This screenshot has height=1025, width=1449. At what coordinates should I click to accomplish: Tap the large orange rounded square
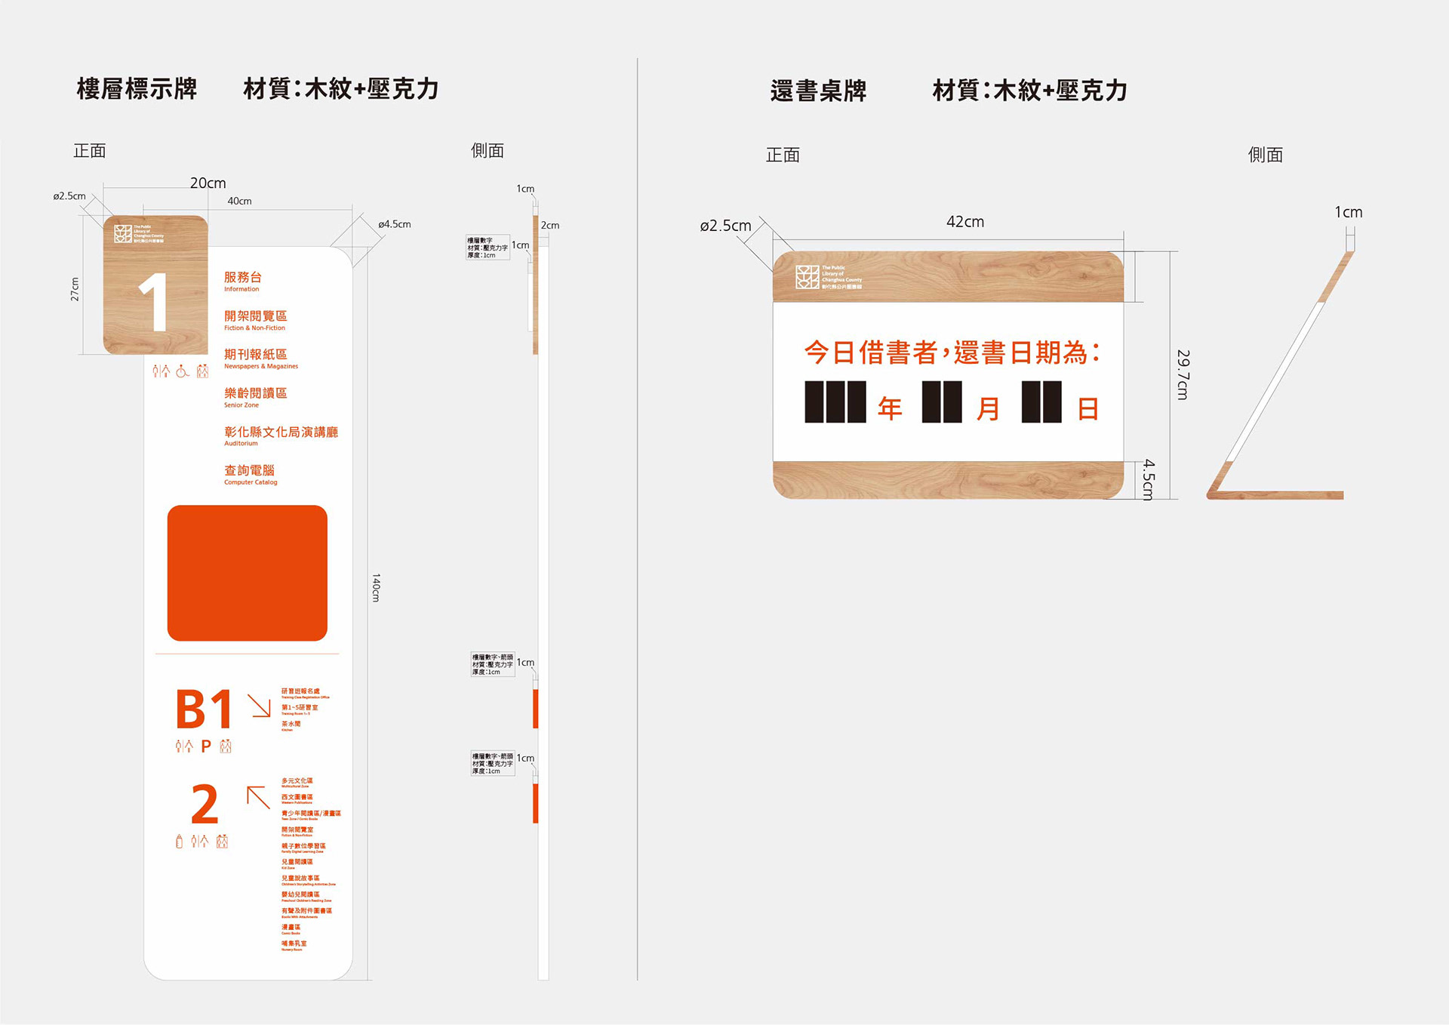(247, 573)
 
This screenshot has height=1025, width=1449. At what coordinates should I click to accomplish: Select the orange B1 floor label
(204, 709)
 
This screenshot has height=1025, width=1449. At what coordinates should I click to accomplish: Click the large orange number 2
(205, 805)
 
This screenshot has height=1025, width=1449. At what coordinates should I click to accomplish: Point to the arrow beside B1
(260, 706)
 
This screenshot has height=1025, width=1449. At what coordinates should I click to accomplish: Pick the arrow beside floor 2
(258, 797)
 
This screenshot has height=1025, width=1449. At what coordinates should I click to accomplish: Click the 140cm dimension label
(376, 587)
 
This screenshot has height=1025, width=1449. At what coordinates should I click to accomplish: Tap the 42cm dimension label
(964, 222)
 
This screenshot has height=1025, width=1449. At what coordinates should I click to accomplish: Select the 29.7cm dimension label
(1183, 374)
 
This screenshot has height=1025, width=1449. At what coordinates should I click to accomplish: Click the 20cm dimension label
(208, 183)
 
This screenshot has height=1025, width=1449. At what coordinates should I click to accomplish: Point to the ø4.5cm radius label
(395, 224)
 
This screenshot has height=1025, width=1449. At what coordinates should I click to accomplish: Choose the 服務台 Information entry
(242, 281)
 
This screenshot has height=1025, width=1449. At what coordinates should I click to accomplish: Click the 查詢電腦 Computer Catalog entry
(250, 474)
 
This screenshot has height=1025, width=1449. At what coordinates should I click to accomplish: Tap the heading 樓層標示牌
(137, 89)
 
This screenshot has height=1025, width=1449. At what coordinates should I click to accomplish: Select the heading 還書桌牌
(818, 91)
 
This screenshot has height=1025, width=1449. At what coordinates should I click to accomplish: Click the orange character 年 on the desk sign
(890, 408)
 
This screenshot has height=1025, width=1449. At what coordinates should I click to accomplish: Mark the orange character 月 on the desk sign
(988, 408)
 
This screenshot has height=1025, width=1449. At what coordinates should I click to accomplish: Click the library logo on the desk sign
(807, 277)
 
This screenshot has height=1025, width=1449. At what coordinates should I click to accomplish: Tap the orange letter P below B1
(205, 746)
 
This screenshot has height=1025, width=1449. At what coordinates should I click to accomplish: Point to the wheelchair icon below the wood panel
(182, 371)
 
